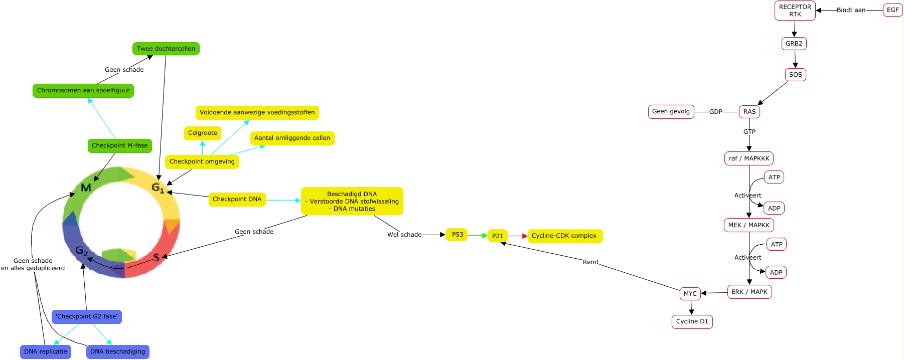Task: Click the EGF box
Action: (x=892, y=10)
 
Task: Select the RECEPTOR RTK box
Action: (x=795, y=11)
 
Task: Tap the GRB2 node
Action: (x=794, y=44)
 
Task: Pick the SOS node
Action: (x=795, y=75)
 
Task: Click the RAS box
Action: (x=749, y=112)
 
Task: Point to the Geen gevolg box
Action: (x=671, y=112)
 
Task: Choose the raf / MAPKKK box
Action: (x=748, y=158)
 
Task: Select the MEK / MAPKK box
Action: (x=748, y=225)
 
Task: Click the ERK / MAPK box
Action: (x=749, y=292)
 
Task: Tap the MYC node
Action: (x=690, y=294)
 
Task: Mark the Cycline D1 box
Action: (x=692, y=322)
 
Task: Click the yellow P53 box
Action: (x=457, y=235)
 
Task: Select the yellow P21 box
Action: (x=497, y=236)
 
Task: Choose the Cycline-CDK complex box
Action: (x=564, y=236)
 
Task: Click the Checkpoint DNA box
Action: (x=237, y=200)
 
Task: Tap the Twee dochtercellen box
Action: (x=166, y=49)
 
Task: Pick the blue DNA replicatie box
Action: (x=45, y=351)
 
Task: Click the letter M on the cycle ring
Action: (x=86, y=188)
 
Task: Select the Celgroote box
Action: (x=202, y=133)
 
